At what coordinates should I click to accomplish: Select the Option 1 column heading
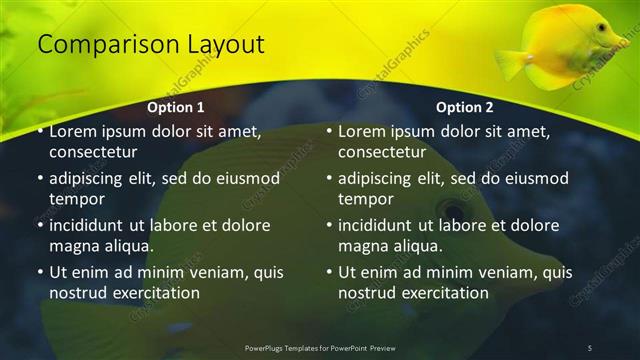(x=176, y=107)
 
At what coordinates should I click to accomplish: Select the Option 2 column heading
(x=465, y=107)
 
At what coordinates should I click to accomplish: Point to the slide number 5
(x=590, y=348)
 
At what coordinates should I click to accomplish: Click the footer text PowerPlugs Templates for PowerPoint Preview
(x=319, y=348)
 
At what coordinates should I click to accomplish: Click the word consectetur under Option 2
(x=382, y=153)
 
